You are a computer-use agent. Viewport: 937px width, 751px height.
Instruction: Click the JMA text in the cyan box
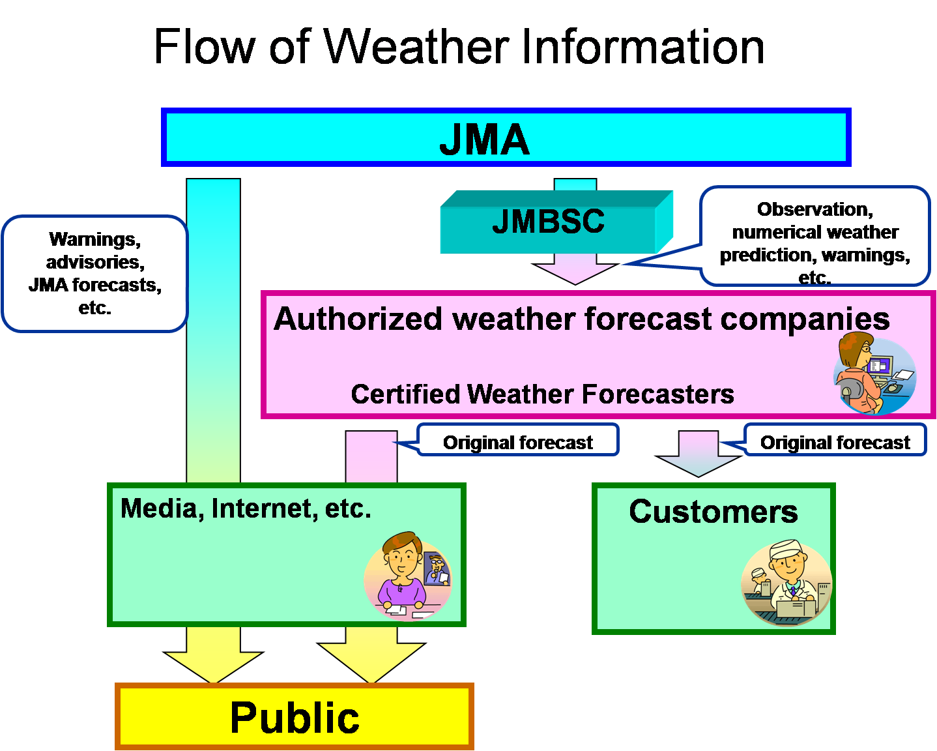point(483,140)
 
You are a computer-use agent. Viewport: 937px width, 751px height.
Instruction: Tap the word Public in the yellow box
point(295,718)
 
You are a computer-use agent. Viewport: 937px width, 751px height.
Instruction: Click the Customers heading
point(713,512)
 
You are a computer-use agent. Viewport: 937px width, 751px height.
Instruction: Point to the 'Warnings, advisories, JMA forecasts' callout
point(95,274)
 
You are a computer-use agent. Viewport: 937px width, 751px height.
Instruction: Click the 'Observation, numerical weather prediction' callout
point(814,238)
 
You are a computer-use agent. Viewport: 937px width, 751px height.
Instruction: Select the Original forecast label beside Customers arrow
point(835,442)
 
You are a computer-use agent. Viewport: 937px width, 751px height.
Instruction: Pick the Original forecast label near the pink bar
point(517,442)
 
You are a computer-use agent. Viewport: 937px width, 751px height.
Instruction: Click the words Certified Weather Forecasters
point(542,394)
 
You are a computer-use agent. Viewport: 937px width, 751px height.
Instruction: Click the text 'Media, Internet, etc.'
point(246,508)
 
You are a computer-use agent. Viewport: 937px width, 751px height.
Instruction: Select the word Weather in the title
point(417,47)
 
